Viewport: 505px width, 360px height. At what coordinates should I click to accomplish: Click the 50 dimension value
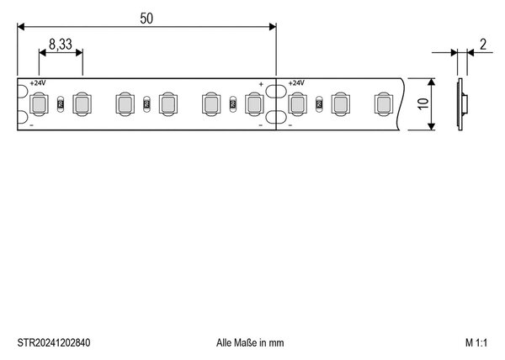[146, 19]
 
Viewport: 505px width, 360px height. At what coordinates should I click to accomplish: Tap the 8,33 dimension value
[61, 44]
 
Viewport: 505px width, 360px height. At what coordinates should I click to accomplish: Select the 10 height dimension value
[423, 103]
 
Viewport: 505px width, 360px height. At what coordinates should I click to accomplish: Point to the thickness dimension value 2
[483, 45]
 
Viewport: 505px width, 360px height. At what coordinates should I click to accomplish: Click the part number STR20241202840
[54, 342]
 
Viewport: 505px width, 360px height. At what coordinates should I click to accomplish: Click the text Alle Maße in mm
[250, 342]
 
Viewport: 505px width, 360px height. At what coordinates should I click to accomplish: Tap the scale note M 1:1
[476, 342]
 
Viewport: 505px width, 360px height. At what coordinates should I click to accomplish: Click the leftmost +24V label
[38, 83]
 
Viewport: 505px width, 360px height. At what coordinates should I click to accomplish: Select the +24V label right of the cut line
[296, 83]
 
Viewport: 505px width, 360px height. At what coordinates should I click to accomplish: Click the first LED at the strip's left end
[39, 104]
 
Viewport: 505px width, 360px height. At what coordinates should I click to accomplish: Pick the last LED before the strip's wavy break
[384, 104]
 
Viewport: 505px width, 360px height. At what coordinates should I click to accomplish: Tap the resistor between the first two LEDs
[61, 104]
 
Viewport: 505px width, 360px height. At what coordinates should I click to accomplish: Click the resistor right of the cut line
[319, 104]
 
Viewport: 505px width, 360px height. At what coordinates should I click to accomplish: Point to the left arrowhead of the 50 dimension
[21, 27]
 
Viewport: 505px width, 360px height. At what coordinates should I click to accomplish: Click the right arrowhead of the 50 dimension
[273, 27]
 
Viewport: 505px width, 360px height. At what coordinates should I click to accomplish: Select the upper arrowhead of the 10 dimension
[432, 82]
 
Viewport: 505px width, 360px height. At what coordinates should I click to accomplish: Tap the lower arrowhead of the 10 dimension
[432, 126]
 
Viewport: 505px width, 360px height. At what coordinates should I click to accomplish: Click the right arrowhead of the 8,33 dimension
[79, 52]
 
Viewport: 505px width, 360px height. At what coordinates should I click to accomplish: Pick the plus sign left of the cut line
[261, 84]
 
